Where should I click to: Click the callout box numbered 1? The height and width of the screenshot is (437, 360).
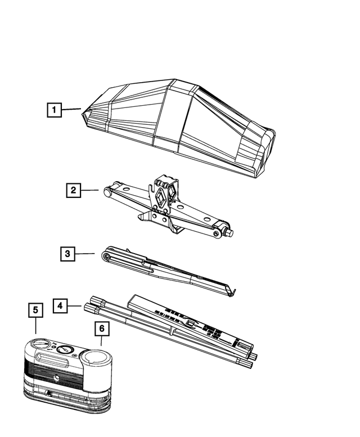(x=53, y=110)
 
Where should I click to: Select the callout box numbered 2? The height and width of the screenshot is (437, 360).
(x=73, y=191)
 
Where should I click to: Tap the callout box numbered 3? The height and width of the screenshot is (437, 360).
(x=67, y=254)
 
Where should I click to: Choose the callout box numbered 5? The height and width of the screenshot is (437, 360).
(x=35, y=310)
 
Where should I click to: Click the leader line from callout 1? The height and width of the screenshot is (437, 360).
(x=71, y=110)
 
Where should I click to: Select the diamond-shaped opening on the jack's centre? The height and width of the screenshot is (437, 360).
(x=162, y=197)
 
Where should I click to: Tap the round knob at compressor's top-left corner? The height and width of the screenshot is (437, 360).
(x=40, y=345)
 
